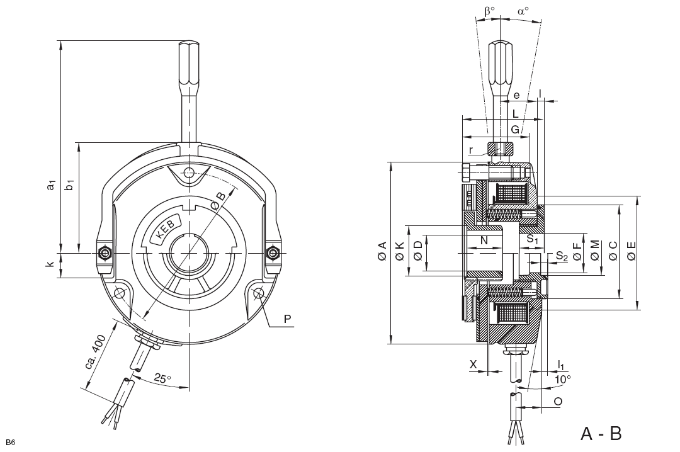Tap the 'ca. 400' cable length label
96,352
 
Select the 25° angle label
162,378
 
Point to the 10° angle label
563,379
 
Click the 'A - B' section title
601,433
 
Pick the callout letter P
287,319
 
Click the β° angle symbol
489,11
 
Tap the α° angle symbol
523,11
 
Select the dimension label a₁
51,185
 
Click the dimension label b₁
69,184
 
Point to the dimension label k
50,264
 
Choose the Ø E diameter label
632,251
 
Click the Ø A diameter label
382,251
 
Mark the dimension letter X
473,364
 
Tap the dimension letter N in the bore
484,240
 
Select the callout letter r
471,150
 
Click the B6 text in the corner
11,443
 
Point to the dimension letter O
558,401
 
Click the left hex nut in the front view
105,252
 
